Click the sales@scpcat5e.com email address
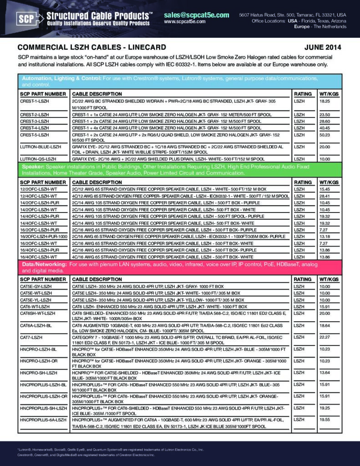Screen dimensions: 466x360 coord(196,15)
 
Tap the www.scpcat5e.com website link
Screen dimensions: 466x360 coord(184,21)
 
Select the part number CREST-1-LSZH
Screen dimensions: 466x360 coord(35,100)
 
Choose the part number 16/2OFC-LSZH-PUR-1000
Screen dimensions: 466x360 coord(44,237)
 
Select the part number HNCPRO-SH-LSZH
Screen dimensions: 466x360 coord(39,373)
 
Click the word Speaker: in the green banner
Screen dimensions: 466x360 coord(33,167)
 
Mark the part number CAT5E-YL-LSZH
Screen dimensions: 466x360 coord(36,300)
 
